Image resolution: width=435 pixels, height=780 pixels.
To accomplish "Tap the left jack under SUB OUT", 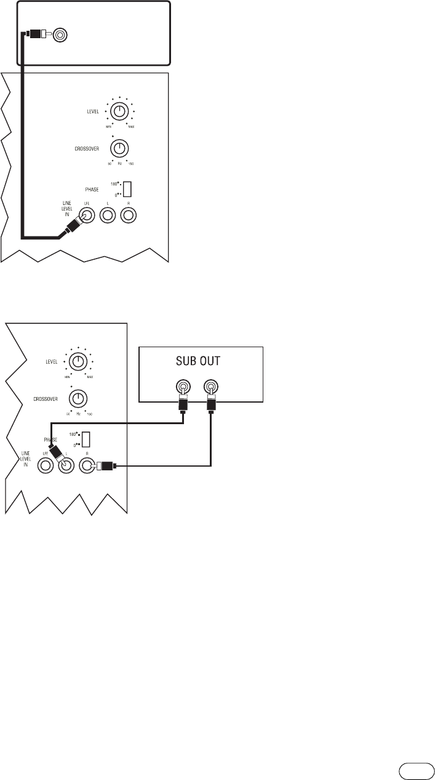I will (183, 387).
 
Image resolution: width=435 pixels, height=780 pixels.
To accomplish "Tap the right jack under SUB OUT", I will (210, 387).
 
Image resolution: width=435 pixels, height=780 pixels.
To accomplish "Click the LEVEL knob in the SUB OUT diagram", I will (78, 360).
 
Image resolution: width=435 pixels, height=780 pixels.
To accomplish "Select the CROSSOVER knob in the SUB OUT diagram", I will (78, 397).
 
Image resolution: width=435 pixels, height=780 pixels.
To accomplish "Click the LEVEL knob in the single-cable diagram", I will (120, 111).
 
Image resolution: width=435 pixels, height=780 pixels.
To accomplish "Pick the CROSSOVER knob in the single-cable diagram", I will (119, 148).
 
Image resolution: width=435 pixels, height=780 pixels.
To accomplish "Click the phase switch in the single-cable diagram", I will (127, 188).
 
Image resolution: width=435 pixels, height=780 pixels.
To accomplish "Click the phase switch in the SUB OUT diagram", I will (87, 439).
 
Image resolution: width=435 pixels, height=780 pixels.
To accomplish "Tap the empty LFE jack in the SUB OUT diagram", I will (46, 467).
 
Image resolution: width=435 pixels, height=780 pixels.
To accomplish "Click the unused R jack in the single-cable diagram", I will (129, 215).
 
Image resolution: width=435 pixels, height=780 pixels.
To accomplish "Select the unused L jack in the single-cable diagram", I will (108, 215).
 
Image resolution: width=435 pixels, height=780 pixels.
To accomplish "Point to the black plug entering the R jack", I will (108, 467).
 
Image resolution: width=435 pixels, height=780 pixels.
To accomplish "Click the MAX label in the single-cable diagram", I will (131, 126).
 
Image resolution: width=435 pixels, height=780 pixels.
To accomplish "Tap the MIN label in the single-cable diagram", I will (108, 126).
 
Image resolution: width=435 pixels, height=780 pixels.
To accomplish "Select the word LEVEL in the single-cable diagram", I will (95, 111).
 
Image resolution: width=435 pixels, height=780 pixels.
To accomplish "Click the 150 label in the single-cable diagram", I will (131, 163).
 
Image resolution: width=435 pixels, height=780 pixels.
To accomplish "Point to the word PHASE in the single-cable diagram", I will (92, 188).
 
